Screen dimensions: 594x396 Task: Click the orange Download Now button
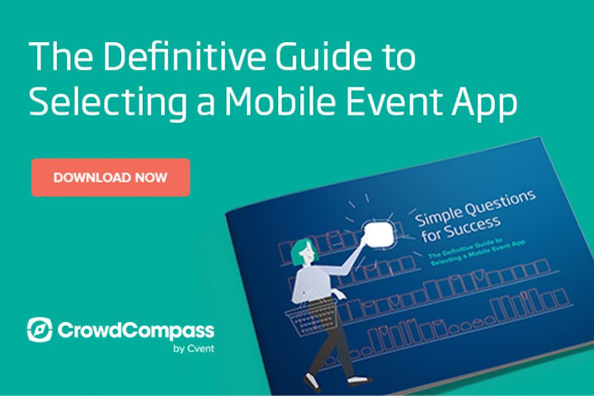click(111, 177)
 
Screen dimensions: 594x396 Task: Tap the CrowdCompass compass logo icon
click(40, 330)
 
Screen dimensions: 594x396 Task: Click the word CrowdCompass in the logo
click(135, 331)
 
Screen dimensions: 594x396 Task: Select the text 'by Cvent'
click(194, 348)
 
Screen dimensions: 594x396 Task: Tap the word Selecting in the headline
click(107, 102)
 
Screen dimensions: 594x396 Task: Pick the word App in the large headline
click(484, 103)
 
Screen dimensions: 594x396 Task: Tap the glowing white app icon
click(379, 234)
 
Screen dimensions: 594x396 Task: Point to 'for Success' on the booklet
click(460, 229)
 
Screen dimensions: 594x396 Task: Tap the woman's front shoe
click(359, 379)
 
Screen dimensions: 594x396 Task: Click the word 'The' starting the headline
click(61, 56)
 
